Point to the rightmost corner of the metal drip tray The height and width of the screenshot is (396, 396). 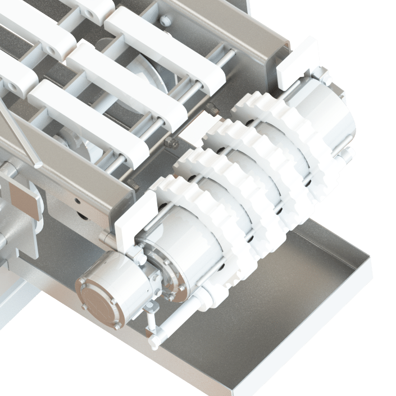pos(370,260)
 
